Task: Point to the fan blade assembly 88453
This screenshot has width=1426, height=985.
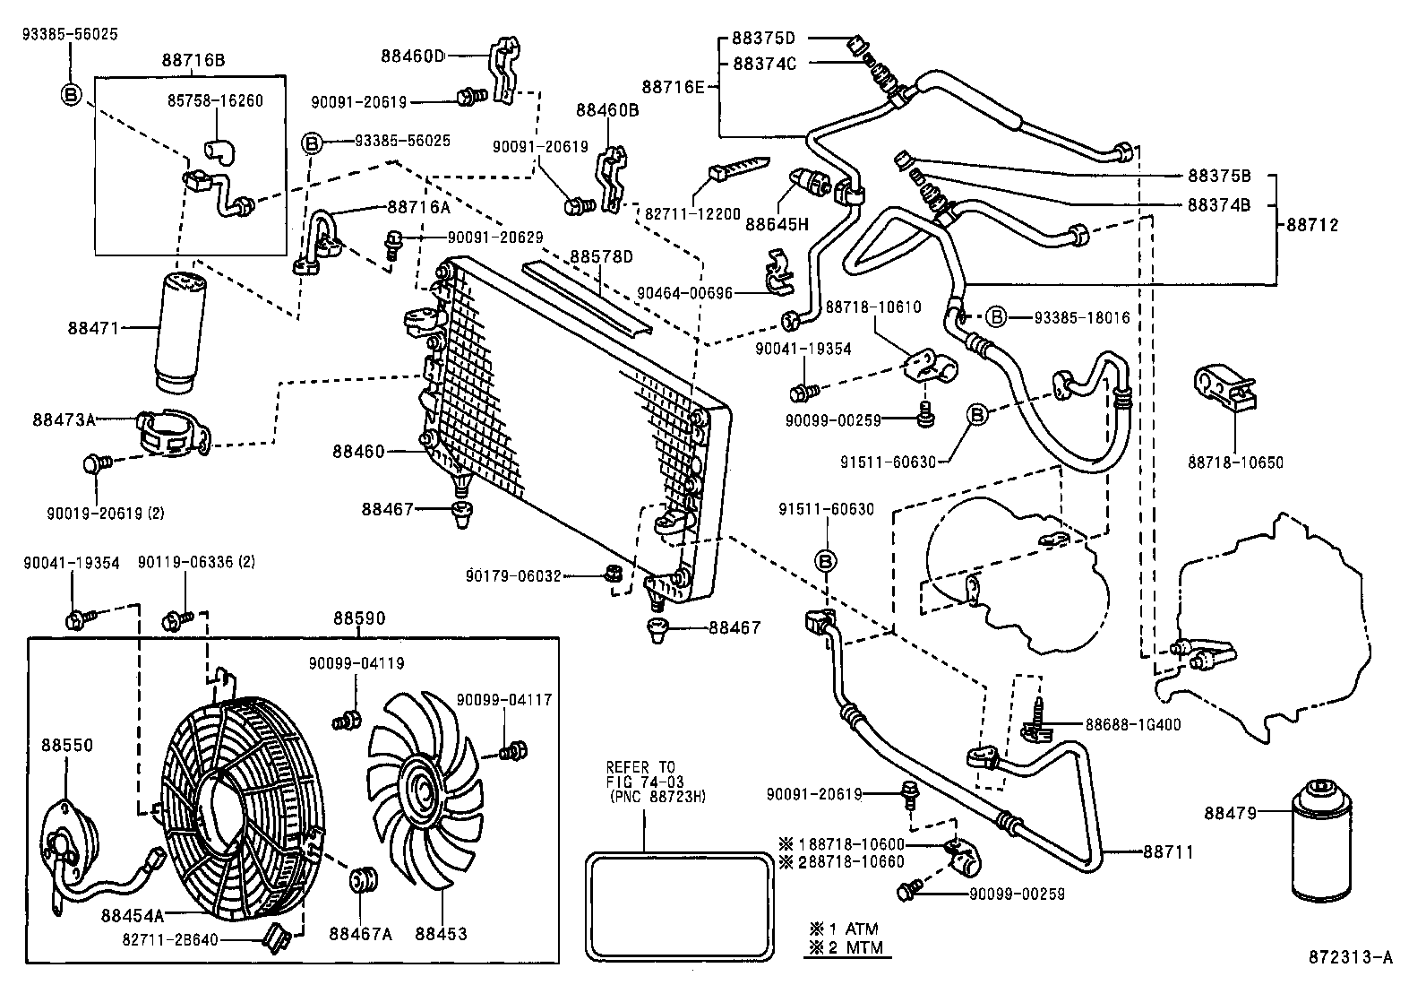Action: pyautogui.click(x=420, y=789)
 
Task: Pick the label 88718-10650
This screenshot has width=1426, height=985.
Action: pyautogui.click(x=1236, y=462)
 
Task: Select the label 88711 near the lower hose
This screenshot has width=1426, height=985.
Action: pyautogui.click(x=1167, y=852)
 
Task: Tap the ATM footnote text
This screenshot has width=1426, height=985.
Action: pyautogui.click(x=841, y=929)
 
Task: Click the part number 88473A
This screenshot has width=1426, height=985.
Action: pyautogui.click(x=64, y=419)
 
